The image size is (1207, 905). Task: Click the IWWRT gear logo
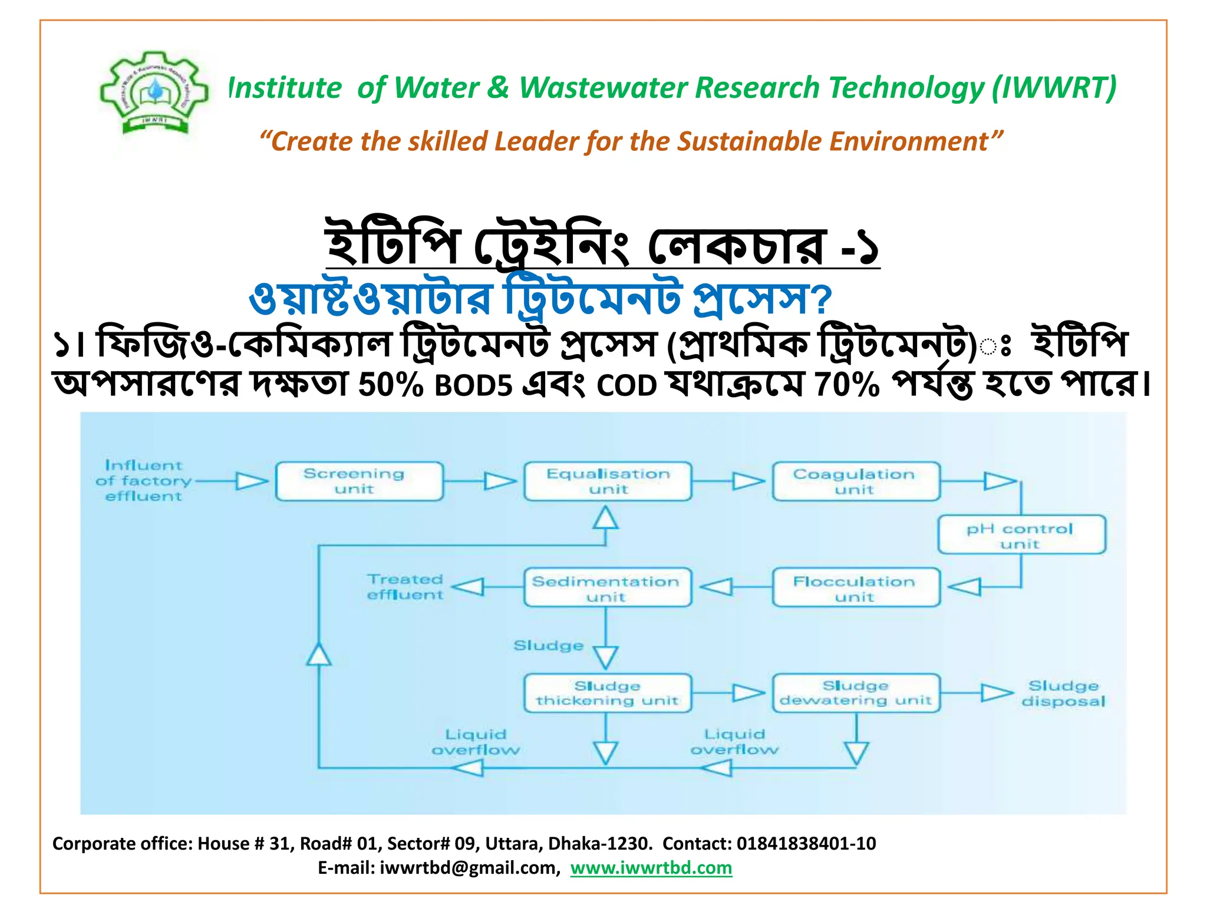[154, 93]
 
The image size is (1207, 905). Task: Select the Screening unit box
[359, 481]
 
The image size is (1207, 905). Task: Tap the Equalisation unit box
[608, 481]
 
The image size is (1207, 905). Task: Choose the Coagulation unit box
[856, 481]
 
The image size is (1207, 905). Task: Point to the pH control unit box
[1021, 535]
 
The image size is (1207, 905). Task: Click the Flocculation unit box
[856, 587]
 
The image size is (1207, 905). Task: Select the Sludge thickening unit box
[608, 693]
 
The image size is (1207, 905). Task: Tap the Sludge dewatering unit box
[856, 693]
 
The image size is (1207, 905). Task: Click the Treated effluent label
[405, 587]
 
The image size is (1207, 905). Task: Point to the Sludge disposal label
[1063, 693]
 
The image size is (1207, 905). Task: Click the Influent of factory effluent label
[143, 481]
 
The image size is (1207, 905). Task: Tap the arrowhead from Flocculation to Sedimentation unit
[716, 587]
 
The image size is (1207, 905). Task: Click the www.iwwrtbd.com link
[651, 868]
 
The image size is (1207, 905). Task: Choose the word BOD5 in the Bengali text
[473, 387]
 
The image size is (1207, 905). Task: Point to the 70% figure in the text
[847, 385]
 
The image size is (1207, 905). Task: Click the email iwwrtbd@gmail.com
[468, 868]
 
